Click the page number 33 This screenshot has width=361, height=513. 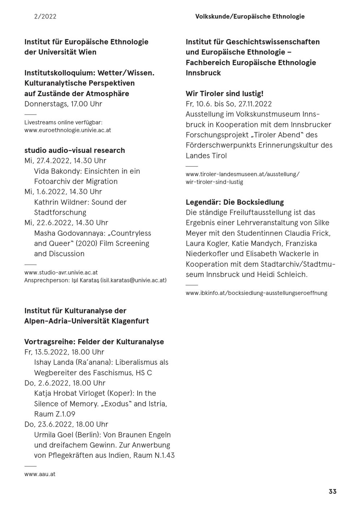pos(332,491)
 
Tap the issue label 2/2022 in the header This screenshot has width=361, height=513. pos(45,16)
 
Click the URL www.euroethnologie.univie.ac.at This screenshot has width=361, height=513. pos(68,130)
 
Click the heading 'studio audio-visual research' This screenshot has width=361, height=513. pos(74,150)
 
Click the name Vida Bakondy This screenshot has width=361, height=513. pos(55,171)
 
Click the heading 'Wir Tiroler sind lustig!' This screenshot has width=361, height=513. pos(225,94)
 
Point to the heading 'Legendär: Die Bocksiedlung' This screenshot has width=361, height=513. pos(235,202)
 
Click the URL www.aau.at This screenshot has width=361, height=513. pos(40,474)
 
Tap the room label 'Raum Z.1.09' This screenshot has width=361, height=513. pos(55,414)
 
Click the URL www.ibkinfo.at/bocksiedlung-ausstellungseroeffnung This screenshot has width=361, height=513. pos(256,293)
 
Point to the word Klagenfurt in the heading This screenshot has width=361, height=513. pos(130,321)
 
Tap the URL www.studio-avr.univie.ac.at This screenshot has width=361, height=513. pos(61,272)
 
